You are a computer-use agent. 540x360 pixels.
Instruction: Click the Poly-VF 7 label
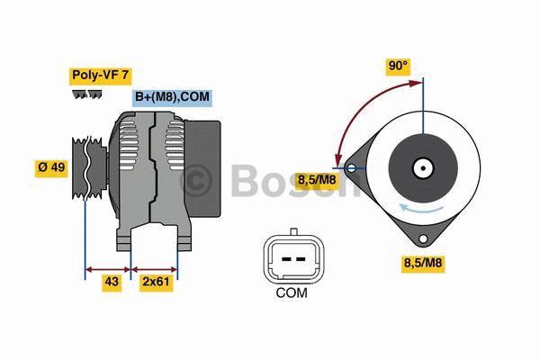point(100,76)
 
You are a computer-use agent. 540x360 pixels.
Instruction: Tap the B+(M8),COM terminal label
point(172,97)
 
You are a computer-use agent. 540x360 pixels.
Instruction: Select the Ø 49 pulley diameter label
point(51,167)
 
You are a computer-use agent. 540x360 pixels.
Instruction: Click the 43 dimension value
point(112,282)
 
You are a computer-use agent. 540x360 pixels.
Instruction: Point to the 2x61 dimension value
point(156,282)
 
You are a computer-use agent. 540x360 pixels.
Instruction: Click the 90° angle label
point(398,66)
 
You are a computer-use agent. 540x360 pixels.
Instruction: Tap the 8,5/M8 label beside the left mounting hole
point(316,180)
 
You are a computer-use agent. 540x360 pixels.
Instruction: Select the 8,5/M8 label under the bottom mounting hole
point(423,264)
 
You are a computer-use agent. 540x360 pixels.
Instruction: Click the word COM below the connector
point(292,293)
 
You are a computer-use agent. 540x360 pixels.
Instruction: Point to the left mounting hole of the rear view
point(351,168)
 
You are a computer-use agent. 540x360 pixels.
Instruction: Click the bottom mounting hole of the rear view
point(423,238)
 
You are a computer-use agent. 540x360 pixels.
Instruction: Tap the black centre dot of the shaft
point(423,168)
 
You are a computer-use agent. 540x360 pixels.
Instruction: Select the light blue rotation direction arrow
point(420,209)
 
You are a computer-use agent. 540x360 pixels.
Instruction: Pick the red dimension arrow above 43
point(108,269)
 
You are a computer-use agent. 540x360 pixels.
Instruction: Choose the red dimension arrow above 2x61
point(154,269)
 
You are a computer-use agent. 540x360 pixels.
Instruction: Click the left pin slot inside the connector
point(286,259)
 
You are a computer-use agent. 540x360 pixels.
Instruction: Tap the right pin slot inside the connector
point(301,259)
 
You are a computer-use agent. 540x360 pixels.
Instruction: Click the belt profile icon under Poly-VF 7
point(87,94)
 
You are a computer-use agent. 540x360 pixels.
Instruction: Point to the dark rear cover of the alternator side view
point(202,169)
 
